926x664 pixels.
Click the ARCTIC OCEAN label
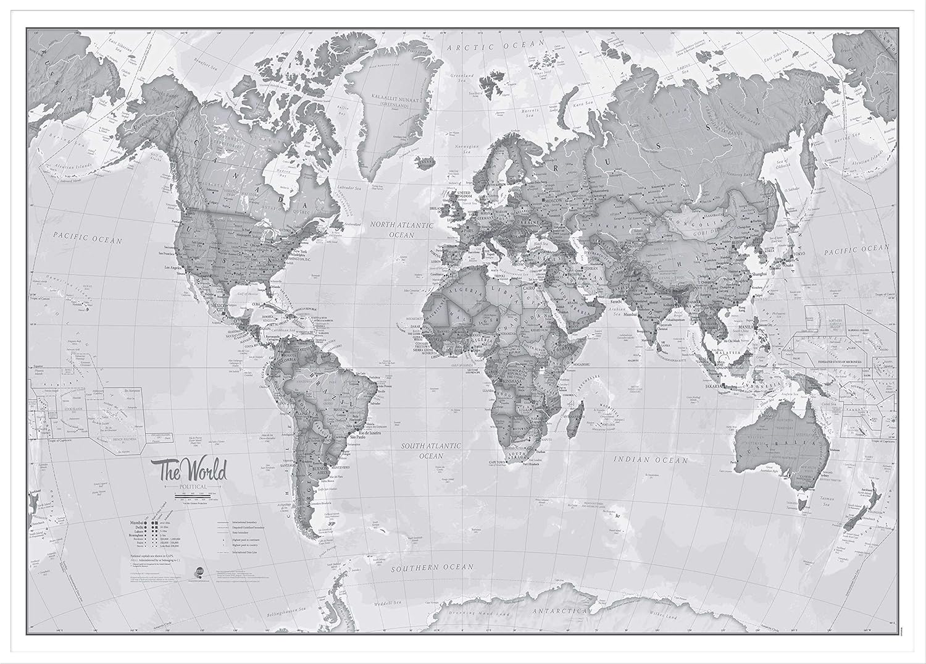[x=496, y=44]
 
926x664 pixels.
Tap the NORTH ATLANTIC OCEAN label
[x=402, y=230]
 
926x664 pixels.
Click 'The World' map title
[x=193, y=473]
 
